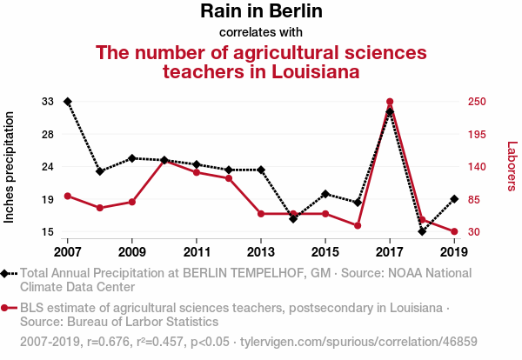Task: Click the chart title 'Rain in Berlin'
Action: coord(261,11)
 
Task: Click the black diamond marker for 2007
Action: coord(68,102)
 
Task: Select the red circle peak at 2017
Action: coord(390,102)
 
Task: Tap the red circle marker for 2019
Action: coord(454,231)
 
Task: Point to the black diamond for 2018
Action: coord(422,231)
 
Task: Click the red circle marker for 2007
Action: coord(68,196)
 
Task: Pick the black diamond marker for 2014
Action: coord(293,218)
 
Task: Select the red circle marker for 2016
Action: coord(358,225)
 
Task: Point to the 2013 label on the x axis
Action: coord(261,252)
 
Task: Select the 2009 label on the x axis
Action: coord(132,252)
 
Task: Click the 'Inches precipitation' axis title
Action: coord(10,167)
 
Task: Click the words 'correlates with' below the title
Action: coord(261,32)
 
